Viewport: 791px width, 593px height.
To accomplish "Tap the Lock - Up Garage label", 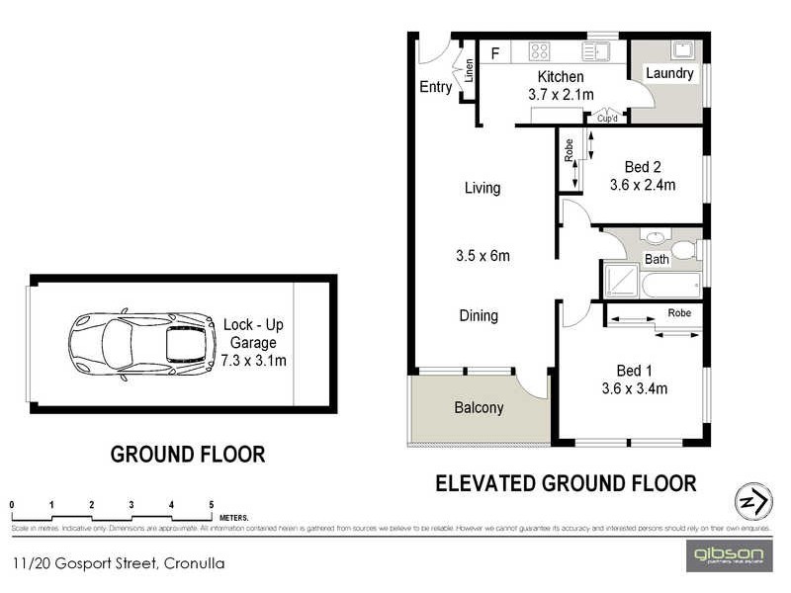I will point(254,342).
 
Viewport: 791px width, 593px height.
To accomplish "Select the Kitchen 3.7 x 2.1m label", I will point(560,86).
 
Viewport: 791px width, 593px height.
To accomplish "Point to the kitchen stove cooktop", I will point(539,51).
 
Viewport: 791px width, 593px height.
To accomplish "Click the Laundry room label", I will point(669,74).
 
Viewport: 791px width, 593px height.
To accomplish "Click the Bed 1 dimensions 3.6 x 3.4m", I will point(634,388).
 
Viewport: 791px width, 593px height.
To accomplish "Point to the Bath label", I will point(658,260).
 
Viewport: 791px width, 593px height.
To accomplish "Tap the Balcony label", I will point(479,407).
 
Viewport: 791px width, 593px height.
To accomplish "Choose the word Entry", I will point(436,87).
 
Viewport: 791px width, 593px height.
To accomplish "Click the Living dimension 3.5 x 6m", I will point(483,256).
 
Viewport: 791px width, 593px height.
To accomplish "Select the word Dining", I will point(479,316).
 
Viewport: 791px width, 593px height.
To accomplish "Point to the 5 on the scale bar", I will point(212,505).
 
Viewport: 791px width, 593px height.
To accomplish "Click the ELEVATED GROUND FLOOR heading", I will point(566,483).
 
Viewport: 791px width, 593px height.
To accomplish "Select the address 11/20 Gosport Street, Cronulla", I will point(119,564).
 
